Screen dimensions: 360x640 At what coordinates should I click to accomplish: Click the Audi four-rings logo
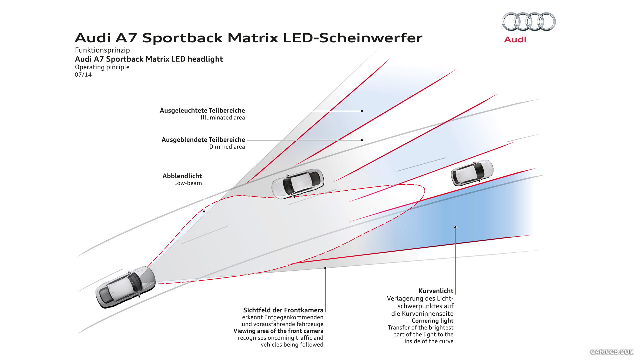coord(529,22)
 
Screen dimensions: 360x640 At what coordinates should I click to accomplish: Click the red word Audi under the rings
coord(515,40)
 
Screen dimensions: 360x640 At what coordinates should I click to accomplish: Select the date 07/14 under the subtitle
coord(83,75)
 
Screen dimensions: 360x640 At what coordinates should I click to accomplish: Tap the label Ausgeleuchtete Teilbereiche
coord(202,110)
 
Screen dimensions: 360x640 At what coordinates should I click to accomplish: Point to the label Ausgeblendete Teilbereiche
coord(203,140)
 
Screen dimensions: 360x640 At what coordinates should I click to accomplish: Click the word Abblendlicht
coord(182,176)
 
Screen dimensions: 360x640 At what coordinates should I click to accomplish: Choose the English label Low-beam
coord(188,183)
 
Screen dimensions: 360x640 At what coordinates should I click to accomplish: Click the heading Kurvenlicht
coord(436,291)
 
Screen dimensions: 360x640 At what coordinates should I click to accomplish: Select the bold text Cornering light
coord(432,321)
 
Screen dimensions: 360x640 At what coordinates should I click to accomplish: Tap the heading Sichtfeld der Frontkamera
coord(283,310)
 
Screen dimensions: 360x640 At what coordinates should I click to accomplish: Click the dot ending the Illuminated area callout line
coord(362,111)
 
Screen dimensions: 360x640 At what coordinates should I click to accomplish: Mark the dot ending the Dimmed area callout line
coord(362,140)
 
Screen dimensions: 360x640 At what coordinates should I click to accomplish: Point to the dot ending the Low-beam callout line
coord(204,211)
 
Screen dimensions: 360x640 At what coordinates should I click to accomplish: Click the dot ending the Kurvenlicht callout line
coord(455,227)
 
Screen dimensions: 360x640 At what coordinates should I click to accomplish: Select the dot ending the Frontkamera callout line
coord(325,268)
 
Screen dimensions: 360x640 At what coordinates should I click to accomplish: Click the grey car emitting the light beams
coord(125,287)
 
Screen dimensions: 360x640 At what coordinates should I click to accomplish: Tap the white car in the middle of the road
coord(297,184)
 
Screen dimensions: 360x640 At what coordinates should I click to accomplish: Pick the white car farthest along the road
coord(472,172)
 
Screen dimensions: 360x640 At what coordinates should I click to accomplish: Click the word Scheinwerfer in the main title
coord(370,38)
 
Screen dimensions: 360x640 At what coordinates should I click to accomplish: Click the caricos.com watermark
coord(612,352)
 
